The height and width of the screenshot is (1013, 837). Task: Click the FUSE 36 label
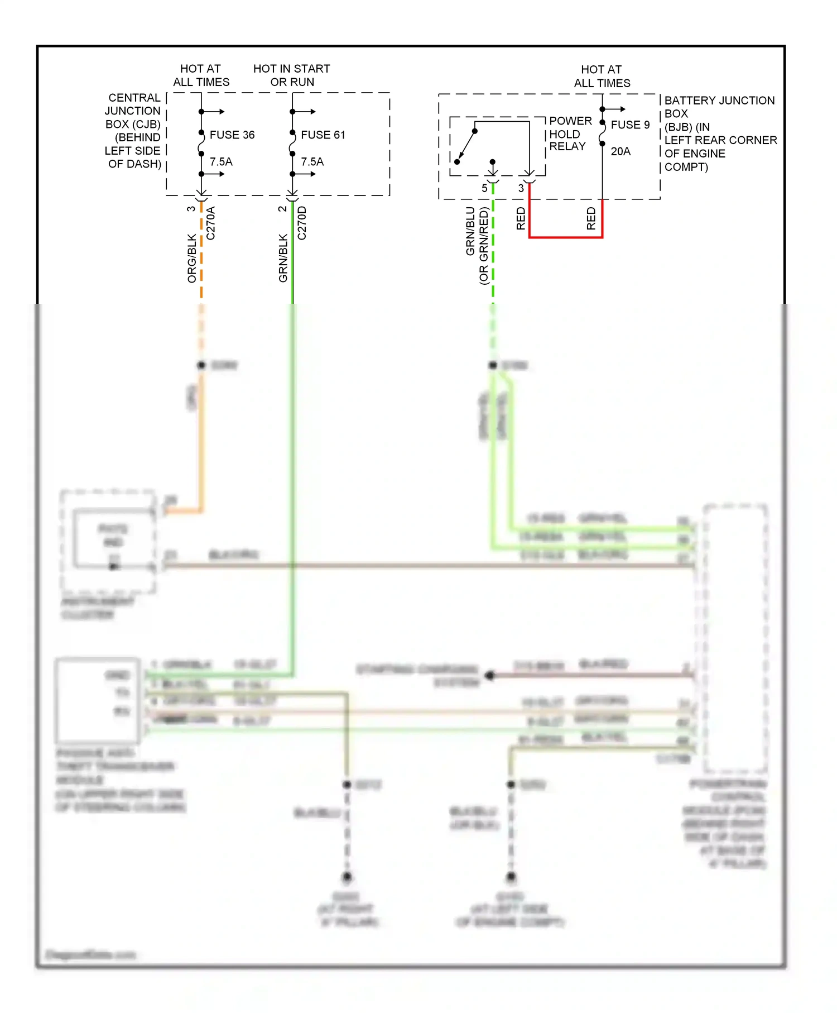tap(232, 135)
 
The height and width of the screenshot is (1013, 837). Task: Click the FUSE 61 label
tap(323, 135)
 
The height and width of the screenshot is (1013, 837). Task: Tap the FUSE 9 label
tap(630, 125)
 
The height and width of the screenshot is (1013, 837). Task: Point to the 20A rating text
tap(620, 151)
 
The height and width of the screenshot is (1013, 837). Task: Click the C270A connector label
tap(210, 223)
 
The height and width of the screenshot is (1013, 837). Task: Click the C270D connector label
tap(302, 223)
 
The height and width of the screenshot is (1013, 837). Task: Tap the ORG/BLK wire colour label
tap(192, 258)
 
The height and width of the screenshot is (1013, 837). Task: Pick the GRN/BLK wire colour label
tap(283, 258)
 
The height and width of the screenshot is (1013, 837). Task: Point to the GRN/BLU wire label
tap(470, 231)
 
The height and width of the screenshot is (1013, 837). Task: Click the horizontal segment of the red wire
tap(565, 237)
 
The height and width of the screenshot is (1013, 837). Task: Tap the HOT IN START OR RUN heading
tap(292, 75)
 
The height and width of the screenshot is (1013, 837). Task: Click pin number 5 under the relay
tap(484, 188)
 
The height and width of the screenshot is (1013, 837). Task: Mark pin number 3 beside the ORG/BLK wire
tap(191, 209)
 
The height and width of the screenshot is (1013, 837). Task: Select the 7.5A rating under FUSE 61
tap(312, 162)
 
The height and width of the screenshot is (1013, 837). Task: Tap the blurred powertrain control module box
tap(735, 637)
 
